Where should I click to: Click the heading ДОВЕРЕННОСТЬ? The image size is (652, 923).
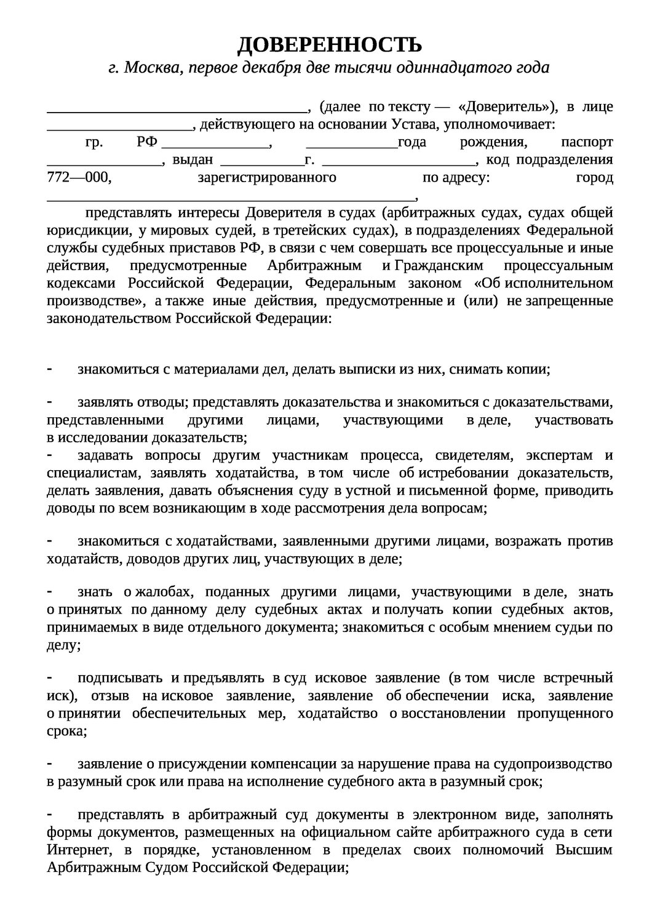[330, 44]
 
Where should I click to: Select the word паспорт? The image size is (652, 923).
[587, 143]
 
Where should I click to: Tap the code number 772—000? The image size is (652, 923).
[80, 178]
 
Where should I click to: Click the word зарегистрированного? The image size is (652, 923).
[267, 178]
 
